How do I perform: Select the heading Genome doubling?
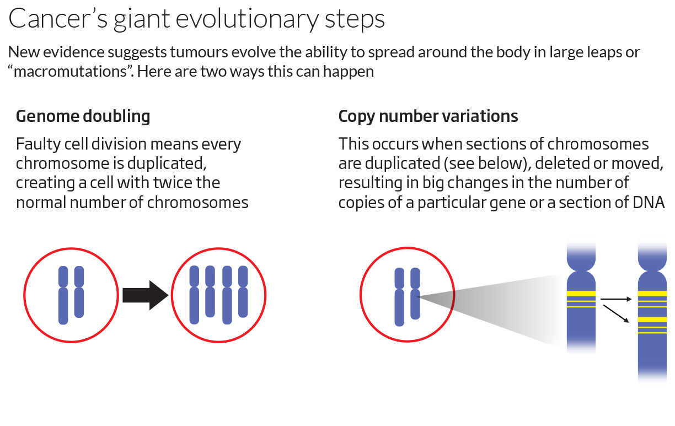[x=83, y=116]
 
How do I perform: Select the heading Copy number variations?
[x=428, y=116]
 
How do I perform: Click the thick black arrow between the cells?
[x=144, y=296]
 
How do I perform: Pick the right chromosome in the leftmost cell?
[x=79, y=292]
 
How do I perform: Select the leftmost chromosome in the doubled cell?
[x=194, y=295]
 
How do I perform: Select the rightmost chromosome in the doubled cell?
[x=243, y=292]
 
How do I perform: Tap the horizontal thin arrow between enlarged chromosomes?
[x=615, y=300]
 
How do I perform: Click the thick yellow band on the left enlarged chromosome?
[x=581, y=294]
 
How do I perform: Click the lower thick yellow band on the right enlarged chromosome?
[x=652, y=319]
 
